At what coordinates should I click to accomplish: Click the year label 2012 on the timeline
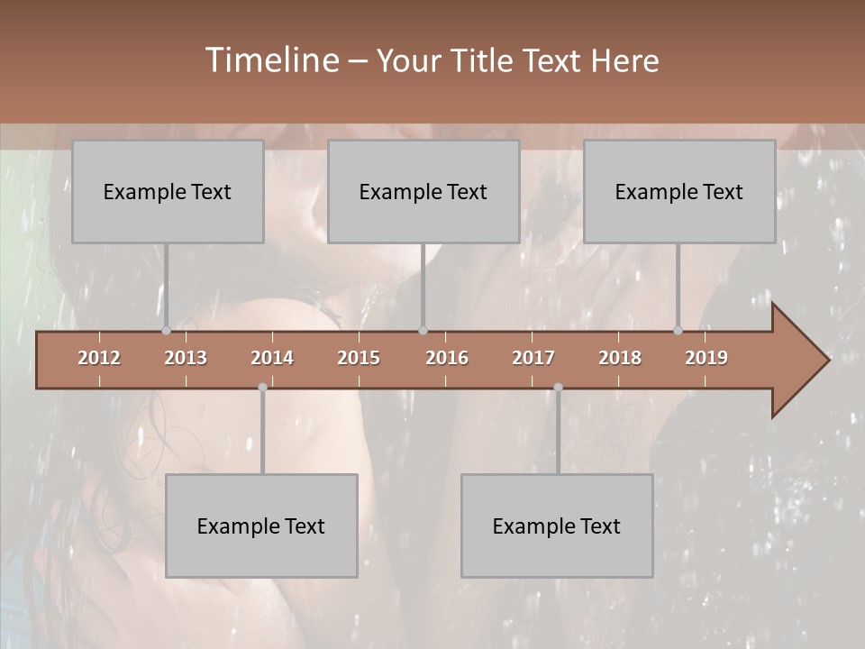[x=99, y=358]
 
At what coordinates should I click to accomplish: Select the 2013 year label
[x=186, y=358]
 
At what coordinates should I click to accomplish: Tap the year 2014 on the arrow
[x=272, y=358]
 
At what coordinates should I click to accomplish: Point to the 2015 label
[x=359, y=358]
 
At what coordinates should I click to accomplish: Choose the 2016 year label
[x=447, y=358]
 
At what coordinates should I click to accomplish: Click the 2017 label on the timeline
[x=533, y=358]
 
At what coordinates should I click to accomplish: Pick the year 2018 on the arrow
[x=620, y=358]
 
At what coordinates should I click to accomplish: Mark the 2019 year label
[x=706, y=358]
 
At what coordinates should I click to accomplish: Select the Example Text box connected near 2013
[x=168, y=191]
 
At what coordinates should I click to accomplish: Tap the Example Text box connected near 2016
[x=423, y=191]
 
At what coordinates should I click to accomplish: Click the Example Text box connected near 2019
[x=679, y=191]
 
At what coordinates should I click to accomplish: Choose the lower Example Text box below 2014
[x=261, y=526]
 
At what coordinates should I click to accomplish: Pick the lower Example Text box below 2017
[x=557, y=526]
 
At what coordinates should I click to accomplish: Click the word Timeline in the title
[x=270, y=60]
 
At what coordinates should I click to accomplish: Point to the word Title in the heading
[x=483, y=60]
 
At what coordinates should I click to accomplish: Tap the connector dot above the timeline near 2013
[x=166, y=330]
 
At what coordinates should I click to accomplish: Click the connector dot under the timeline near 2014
[x=262, y=388]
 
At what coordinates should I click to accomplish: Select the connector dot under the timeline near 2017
[x=558, y=388]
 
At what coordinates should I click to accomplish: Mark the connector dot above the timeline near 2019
[x=678, y=330]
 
